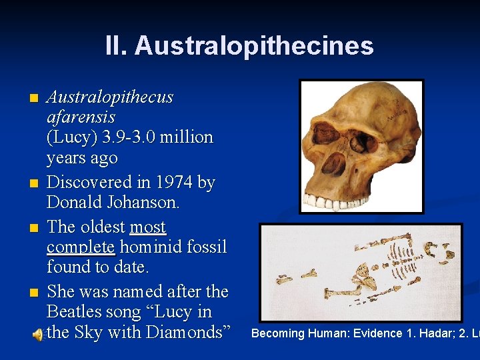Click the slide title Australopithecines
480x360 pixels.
point(253,45)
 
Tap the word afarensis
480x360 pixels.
point(81,117)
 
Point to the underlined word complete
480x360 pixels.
point(81,247)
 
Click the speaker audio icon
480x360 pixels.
point(39,333)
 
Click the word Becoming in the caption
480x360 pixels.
point(278,333)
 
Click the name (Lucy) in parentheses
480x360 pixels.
point(73,137)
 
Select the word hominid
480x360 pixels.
point(153,247)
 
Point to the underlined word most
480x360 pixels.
point(147,227)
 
